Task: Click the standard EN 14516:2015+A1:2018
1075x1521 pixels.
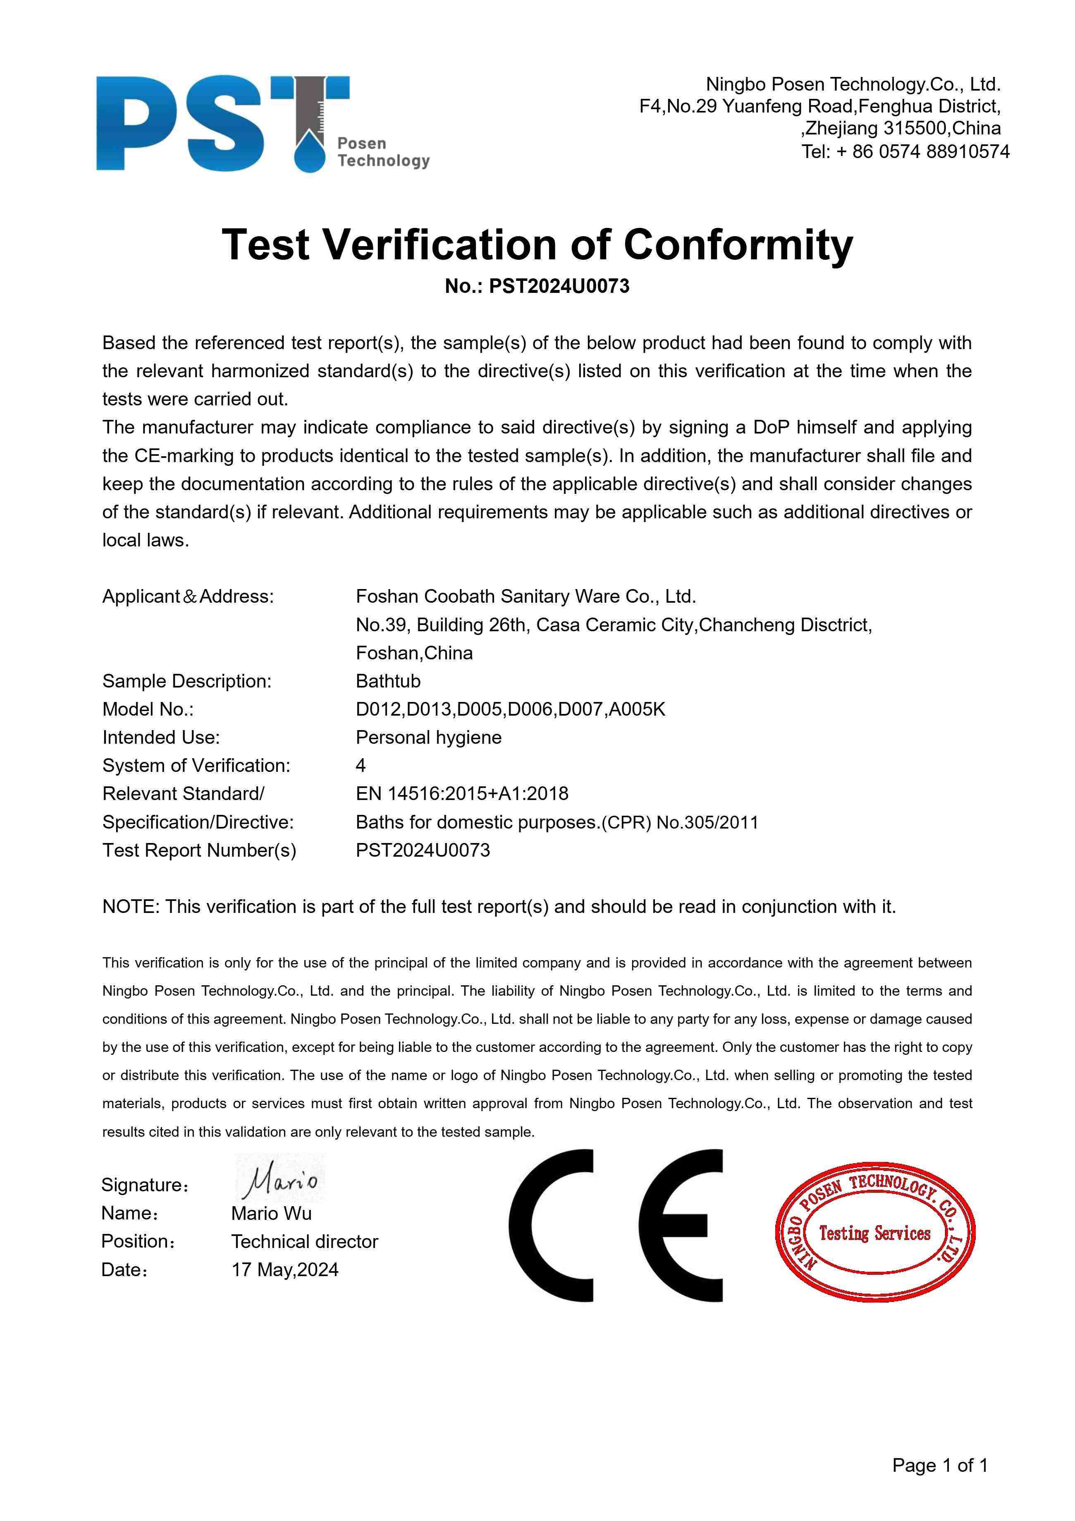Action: (x=462, y=794)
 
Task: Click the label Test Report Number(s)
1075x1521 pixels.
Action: (x=199, y=850)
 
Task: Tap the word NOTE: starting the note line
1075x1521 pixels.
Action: (x=131, y=906)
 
